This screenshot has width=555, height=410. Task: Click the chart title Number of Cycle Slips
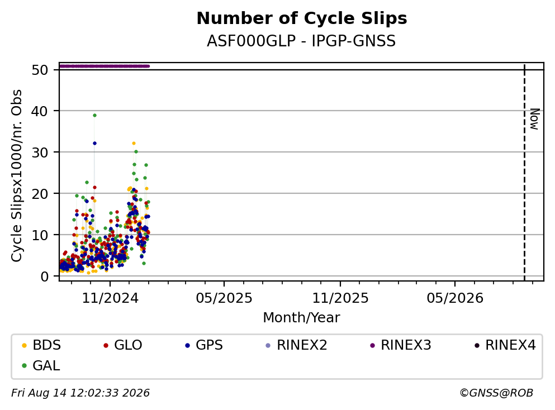tap(302, 18)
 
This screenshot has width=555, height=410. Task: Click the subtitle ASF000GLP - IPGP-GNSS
tap(301, 41)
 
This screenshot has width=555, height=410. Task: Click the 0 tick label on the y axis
tap(45, 276)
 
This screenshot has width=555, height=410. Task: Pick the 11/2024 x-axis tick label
tap(110, 298)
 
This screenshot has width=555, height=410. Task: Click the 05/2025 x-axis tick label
tap(224, 298)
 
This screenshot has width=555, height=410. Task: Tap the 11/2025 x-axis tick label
tap(340, 298)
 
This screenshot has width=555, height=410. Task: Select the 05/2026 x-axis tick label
tap(455, 298)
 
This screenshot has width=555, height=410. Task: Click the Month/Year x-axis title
tap(301, 317)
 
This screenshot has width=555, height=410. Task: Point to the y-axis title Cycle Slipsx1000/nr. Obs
tap(16, 176)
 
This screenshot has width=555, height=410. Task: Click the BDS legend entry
tap(41, 345)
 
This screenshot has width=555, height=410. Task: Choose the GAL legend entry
tap(41, 365)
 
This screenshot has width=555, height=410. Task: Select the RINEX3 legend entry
tap(401, 345)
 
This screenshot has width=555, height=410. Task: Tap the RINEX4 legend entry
tap(505, 345)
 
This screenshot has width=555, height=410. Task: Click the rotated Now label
tap(534, 119)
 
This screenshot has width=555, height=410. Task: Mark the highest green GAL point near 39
tap(94, 115)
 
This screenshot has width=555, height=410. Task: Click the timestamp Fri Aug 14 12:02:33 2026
tap(80, 393)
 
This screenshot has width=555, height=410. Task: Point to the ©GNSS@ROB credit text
tap(496, 393)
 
